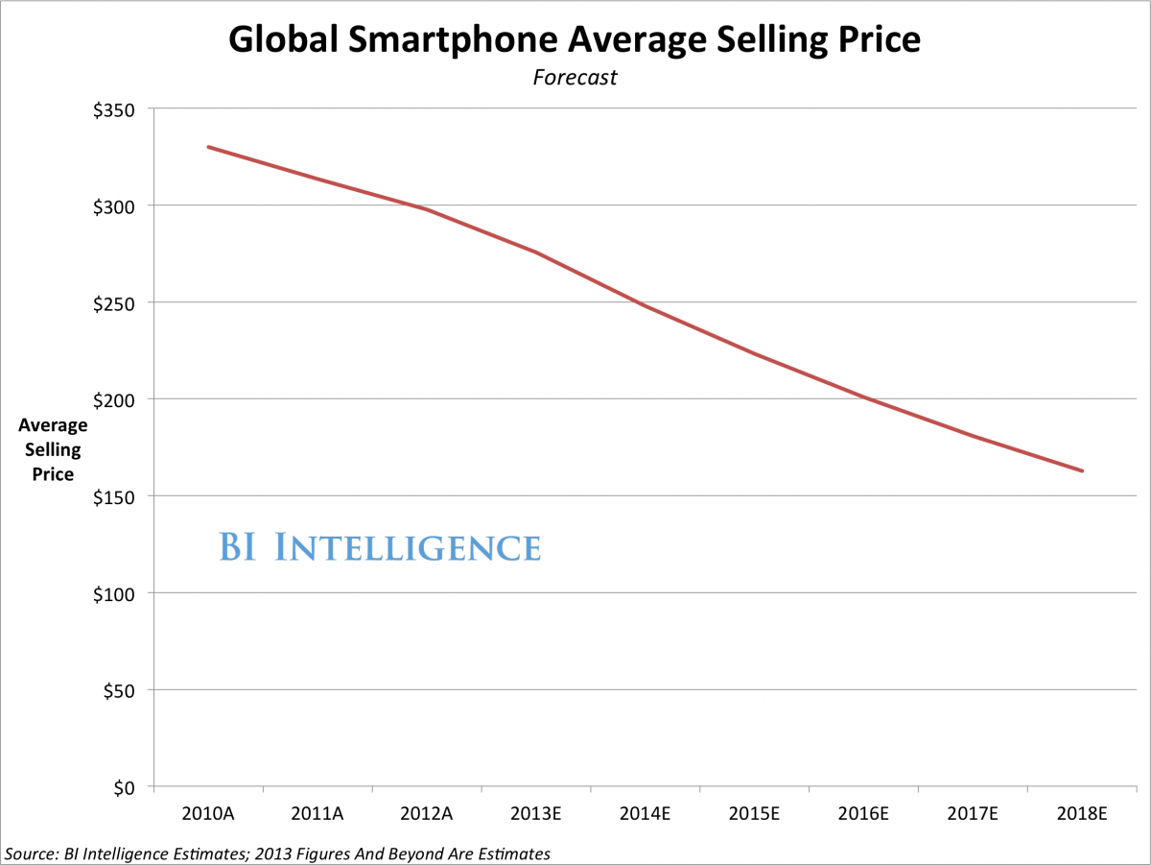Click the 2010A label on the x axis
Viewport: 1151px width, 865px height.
208,814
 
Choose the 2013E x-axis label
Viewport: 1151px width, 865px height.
536,814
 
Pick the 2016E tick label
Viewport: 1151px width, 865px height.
864,814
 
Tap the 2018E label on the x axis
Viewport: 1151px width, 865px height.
1083,814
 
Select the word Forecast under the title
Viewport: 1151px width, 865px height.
575,78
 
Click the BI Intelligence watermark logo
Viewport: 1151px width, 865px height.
380,547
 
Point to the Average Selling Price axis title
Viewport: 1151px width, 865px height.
52,449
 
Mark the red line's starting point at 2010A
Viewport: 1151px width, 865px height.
208,147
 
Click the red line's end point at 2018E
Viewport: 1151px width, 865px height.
1083,471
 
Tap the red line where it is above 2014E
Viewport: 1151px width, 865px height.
646,306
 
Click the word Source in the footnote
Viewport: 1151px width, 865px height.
29,853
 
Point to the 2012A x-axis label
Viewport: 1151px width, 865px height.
427,814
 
